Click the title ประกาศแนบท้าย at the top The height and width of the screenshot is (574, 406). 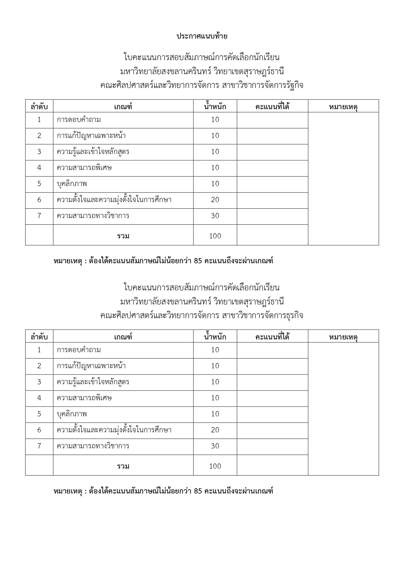(202, 36)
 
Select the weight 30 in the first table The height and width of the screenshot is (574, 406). (215, 216)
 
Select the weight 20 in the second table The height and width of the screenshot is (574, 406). (215, 430)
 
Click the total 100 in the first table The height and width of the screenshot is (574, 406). (215, 236)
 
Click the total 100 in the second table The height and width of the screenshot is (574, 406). (215, 466)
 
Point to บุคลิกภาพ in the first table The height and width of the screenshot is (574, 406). (72, 184)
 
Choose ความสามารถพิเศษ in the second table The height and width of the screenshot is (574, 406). (84, 398)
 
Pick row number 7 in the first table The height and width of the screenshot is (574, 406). (39, 216)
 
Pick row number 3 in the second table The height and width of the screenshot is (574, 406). (39, 382)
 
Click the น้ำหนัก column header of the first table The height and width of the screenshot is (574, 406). (215, 107)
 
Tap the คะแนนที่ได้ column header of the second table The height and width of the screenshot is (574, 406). (272, 337)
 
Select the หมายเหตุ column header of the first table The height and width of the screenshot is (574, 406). (343, 107)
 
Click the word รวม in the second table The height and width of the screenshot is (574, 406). (123, 466)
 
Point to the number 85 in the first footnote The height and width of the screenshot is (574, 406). (198, 261)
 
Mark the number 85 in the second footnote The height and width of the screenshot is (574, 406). (198, 491)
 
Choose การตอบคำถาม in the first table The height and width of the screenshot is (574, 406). (79, 120)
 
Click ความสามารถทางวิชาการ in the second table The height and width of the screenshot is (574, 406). (93, 446)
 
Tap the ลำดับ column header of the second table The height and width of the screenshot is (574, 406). (39, 337)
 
